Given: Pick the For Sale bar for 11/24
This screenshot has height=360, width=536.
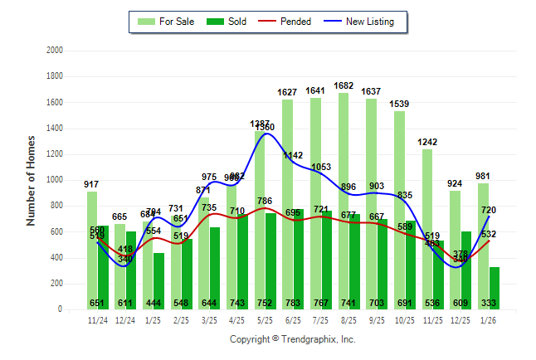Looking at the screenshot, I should pos(92,249).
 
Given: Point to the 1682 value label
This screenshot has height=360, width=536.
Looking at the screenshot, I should pos(344,85).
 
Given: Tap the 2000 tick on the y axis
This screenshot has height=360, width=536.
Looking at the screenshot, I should pos(55,51).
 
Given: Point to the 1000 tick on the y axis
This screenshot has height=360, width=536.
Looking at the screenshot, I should pos(55,180).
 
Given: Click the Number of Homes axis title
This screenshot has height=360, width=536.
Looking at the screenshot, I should pos(31,180).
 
